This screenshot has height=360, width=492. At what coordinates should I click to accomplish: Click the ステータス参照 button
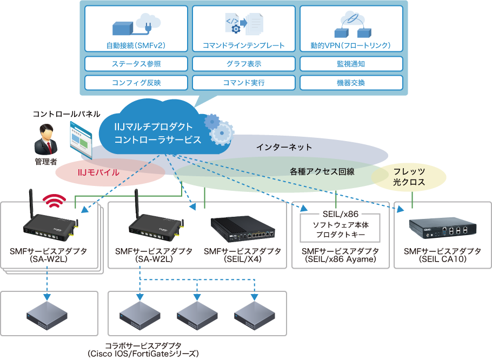(136, 64)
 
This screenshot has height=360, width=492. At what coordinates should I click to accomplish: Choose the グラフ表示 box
(243, 64)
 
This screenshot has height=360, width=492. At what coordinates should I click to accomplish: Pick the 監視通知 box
(350, 64)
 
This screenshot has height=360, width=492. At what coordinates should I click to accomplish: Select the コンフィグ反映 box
(136, 83)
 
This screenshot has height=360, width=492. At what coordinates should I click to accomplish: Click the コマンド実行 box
(243, 83)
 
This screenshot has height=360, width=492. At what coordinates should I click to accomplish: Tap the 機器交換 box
(350, 83)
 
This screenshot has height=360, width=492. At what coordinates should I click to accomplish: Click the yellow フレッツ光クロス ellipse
(409, 177)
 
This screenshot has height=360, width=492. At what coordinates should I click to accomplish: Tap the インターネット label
(284, 147)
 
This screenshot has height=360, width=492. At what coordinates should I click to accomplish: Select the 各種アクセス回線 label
(322, 171)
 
